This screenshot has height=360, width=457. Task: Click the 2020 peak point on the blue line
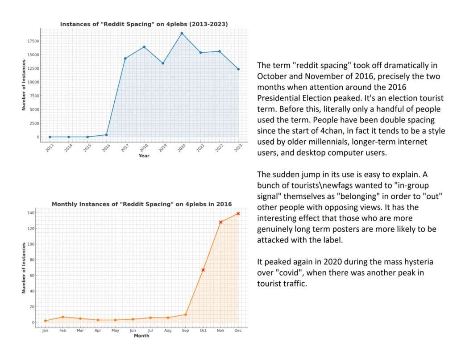pyautogui.click(x=182, y=33)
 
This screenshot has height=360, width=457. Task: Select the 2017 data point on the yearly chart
pyautogui.click(x=125, y=59)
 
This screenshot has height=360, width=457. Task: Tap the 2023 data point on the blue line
pyautogui.click(x=238, y=69)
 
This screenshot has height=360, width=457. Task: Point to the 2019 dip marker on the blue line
pyautogui.click(x=163, y=63)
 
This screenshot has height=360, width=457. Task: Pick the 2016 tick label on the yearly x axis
pyautogui.click(x=106, y=148)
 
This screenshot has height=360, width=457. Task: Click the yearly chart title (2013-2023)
pyautogui.click(x=144, y=24)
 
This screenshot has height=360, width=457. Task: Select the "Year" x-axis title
pyautogui.click(x=144, y=156)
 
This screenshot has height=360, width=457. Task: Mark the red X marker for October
pyautogui.click(x=203, y=270)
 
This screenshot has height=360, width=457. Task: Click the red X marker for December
pyautogui.click(x=238, y=213)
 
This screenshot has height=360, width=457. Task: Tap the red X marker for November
pyautogui.click(x=220, y=222)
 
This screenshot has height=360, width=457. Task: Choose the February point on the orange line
pyautogui.click(x=63, y=317)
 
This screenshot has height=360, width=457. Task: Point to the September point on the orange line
pyautogui.click(x=186, y=314)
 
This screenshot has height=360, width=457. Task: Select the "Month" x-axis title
pyautogui.click(x=141, y=336)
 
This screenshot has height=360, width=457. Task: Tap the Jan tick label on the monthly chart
pyautogui.click(x=45, y=331)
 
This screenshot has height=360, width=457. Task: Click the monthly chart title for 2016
pyautogui.click(x=141, y=204)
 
